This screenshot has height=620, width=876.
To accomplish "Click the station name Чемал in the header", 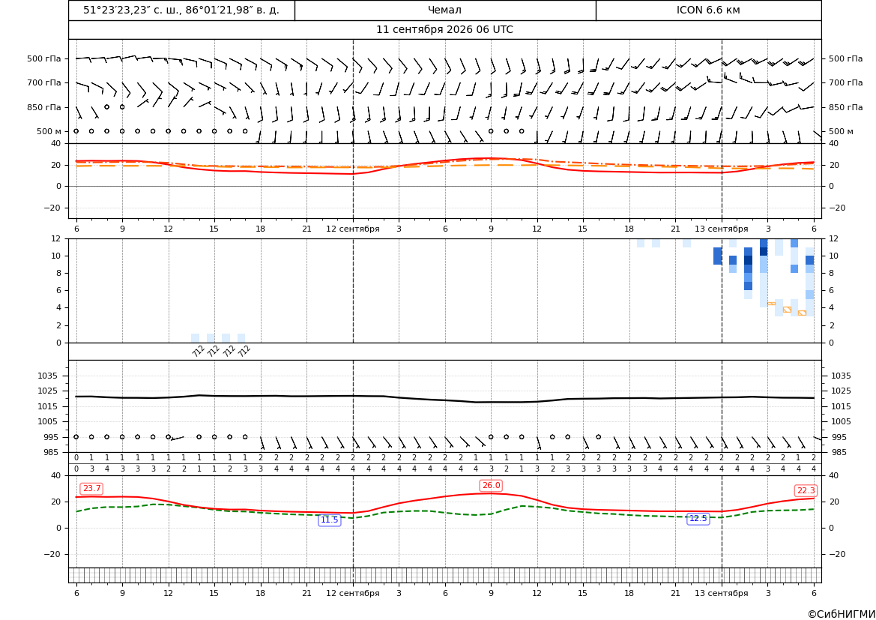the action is (x=444, y=10).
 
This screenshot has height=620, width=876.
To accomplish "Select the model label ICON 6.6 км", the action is (x=708, y=10).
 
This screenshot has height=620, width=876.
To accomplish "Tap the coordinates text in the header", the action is (x=181, y=10).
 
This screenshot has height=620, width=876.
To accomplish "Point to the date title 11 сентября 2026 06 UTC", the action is (x=444, y=30).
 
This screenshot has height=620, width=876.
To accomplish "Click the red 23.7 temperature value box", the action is (x=91, y=489).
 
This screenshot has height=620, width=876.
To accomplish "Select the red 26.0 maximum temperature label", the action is (x=491, y=485).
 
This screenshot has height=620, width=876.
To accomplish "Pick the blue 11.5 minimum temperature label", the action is (x=329, y=520).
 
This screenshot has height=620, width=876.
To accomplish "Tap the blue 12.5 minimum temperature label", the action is (x=698, y=518).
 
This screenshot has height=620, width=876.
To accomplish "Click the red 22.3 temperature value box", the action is (x=806, y=490).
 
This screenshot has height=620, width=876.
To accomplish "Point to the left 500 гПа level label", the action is (x=44, y=58).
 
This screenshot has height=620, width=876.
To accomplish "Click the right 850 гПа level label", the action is (x=846, y=107).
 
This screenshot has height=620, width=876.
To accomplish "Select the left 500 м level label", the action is (x=49, y=131).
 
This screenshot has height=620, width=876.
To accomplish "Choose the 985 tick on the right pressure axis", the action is (x=841, y=452).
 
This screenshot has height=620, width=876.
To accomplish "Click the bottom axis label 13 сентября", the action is (x=721, y=593).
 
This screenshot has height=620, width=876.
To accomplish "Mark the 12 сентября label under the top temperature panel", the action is (x=352, y=229).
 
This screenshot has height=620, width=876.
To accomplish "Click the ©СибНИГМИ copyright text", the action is (x=842, y=614).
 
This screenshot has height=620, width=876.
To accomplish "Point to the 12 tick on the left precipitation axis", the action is (x=56, y=238).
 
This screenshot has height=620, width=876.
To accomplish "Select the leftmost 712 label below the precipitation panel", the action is (x=199, y=351).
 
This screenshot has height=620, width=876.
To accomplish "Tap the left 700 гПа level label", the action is (x=44, y=82).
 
